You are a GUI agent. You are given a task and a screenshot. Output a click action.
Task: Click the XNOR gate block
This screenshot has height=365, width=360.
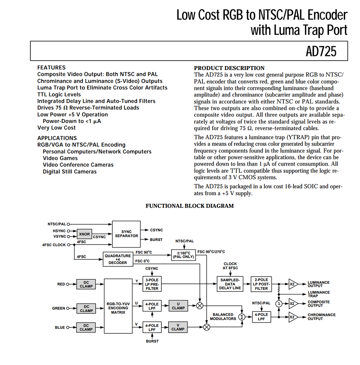tap(85, 234)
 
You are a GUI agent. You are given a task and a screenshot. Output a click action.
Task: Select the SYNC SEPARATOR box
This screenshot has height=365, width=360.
tap(126, 234)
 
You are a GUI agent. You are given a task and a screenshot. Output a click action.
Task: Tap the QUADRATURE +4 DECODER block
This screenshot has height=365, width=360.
tap(118, 259)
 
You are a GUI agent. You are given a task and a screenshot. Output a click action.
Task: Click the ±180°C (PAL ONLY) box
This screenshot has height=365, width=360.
tap(183, 255)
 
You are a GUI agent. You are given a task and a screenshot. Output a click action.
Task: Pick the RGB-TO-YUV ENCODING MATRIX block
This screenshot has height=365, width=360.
tap(118, 306)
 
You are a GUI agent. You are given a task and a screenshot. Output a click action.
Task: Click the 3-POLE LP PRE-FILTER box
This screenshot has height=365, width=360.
tap(152, 284)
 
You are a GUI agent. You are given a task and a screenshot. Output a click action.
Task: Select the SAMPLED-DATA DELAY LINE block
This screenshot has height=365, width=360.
tap(230, 284)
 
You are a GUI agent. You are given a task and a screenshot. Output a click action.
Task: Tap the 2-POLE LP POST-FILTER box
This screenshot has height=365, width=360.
tap(261, 284)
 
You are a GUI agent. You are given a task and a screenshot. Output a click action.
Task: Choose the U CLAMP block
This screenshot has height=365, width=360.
tap(178, 306)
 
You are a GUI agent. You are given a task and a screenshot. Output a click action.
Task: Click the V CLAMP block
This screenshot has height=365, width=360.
tap(178, 327)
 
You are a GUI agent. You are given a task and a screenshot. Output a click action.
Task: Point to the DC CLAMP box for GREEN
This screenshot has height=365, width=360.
tap(86, 309)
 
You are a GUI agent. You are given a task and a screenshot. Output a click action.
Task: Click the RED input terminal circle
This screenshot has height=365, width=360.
tap(68, 284)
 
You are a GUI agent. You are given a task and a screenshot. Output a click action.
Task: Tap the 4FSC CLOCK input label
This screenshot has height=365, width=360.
tap(54, 245)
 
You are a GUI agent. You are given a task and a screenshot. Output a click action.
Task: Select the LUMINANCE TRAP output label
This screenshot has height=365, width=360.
tap(319, 294)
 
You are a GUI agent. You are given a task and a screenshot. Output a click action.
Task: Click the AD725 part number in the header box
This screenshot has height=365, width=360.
tap(321, 51)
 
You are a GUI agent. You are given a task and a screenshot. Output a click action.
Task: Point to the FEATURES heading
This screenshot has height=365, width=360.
tap(51, 68)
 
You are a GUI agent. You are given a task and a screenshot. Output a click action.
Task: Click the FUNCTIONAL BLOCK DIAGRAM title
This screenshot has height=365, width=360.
tap(190, 206)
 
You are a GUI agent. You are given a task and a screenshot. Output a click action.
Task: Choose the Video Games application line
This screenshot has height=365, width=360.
tap(60, 158)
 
